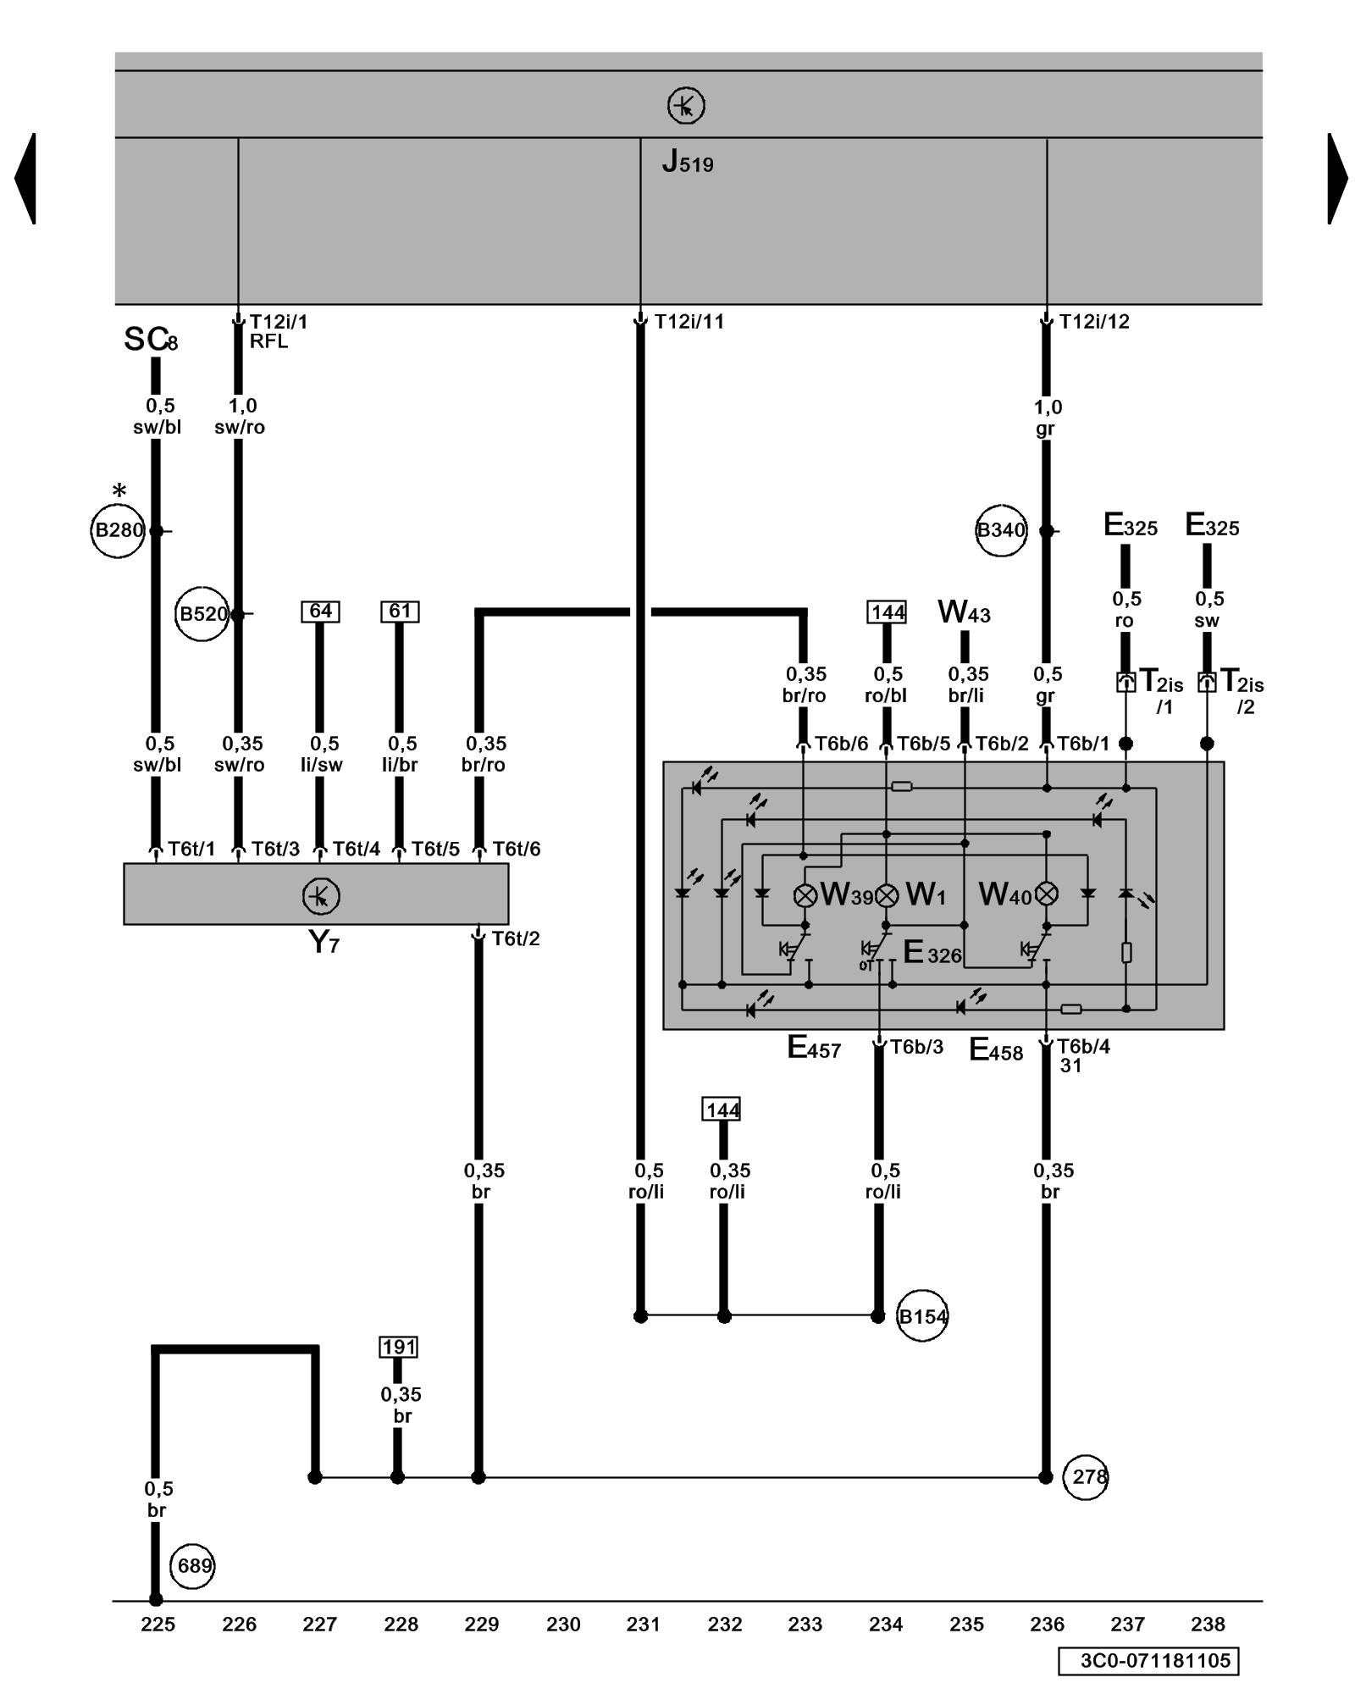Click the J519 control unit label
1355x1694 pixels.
(687, 161)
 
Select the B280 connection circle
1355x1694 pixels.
(118, 531)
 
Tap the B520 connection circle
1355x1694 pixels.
(202, 614)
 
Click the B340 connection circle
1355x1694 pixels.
(1001, 531)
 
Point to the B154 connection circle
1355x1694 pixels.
(921, 1316)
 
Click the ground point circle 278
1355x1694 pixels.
(1086, 1477)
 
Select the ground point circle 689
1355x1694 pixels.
(193, 1566)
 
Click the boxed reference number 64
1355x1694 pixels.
(320, 611)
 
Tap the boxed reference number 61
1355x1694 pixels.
(400, 611)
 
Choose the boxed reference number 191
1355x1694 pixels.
(399, 1347)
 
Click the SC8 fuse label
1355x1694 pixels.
(151, 340)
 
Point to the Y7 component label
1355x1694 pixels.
(324, 941)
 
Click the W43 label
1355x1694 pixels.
(964, 612)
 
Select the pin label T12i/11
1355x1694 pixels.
(689, 321)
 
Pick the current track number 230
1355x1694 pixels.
(563, 1625)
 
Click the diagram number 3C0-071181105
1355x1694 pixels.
(1148, 1660)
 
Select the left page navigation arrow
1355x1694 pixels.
(25, 178)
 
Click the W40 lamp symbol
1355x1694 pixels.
(1048, 894)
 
